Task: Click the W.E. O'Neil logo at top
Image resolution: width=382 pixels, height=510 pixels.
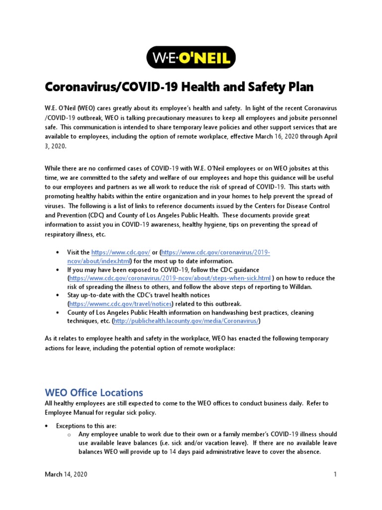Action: [x=191, y=59]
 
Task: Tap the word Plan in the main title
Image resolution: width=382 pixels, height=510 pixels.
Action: [x=298, y=87]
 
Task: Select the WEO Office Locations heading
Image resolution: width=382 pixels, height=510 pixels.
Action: [x=94, y=392]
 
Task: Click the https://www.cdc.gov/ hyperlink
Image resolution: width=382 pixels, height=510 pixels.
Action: [x=121, y=253]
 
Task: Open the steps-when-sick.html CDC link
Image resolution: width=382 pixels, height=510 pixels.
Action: [x=170, y=278]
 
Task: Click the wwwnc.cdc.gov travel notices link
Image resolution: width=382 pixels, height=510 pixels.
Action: [x=121, y=303]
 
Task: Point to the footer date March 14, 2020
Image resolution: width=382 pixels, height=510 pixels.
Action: [x=66, y=475]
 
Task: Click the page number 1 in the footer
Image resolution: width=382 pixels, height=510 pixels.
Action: [x=335, y=475]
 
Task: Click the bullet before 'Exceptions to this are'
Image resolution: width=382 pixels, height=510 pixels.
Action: [x=47, y=426]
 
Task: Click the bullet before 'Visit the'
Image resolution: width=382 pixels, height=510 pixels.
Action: [x=58, y=253]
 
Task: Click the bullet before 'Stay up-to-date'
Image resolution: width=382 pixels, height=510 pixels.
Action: [x=58, y=295]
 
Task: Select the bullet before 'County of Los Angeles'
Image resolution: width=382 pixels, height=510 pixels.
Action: [x=58, y=312]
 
